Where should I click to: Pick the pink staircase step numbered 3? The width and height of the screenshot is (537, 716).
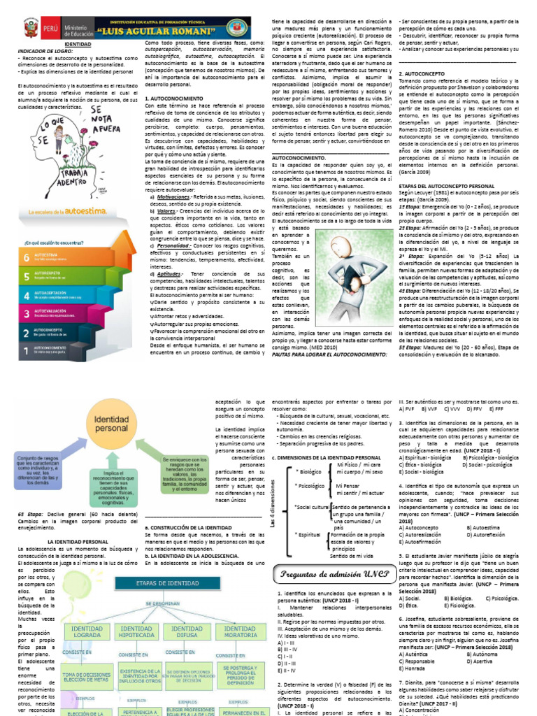[49, 315]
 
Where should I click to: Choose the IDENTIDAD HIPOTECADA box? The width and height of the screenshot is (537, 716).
[137, 633]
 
